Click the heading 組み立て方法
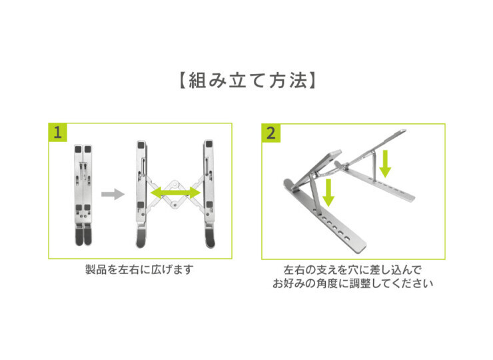tap(247, 81)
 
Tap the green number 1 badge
tap(59, 132)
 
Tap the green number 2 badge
tap(271, 132)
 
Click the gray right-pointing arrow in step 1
tap(113, 195)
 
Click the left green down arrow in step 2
tap(328, 191)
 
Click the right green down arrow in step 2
tap(385, 163)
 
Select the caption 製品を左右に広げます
tap(139, 270)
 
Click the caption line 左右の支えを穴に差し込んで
tap(352, 270)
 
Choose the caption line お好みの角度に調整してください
tap(352, 283)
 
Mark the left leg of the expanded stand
tap(141, 193)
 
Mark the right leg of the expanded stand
tap(209, 193)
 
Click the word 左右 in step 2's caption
tap(295, 270)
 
